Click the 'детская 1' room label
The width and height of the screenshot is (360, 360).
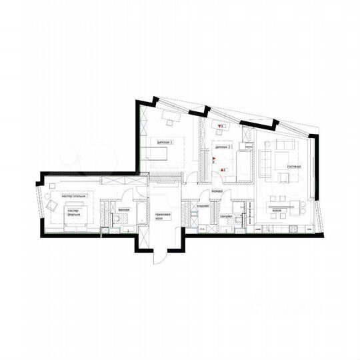coord(165,142)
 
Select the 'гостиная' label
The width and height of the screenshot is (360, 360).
coord(295,165)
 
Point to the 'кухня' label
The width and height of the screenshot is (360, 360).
coord(277,210)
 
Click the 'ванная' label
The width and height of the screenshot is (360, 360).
coord(123,210)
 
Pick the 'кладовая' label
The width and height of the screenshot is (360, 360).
coord(203,206)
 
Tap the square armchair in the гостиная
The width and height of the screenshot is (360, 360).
coord(285,177)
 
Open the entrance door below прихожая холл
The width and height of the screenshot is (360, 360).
coord(160,257)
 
